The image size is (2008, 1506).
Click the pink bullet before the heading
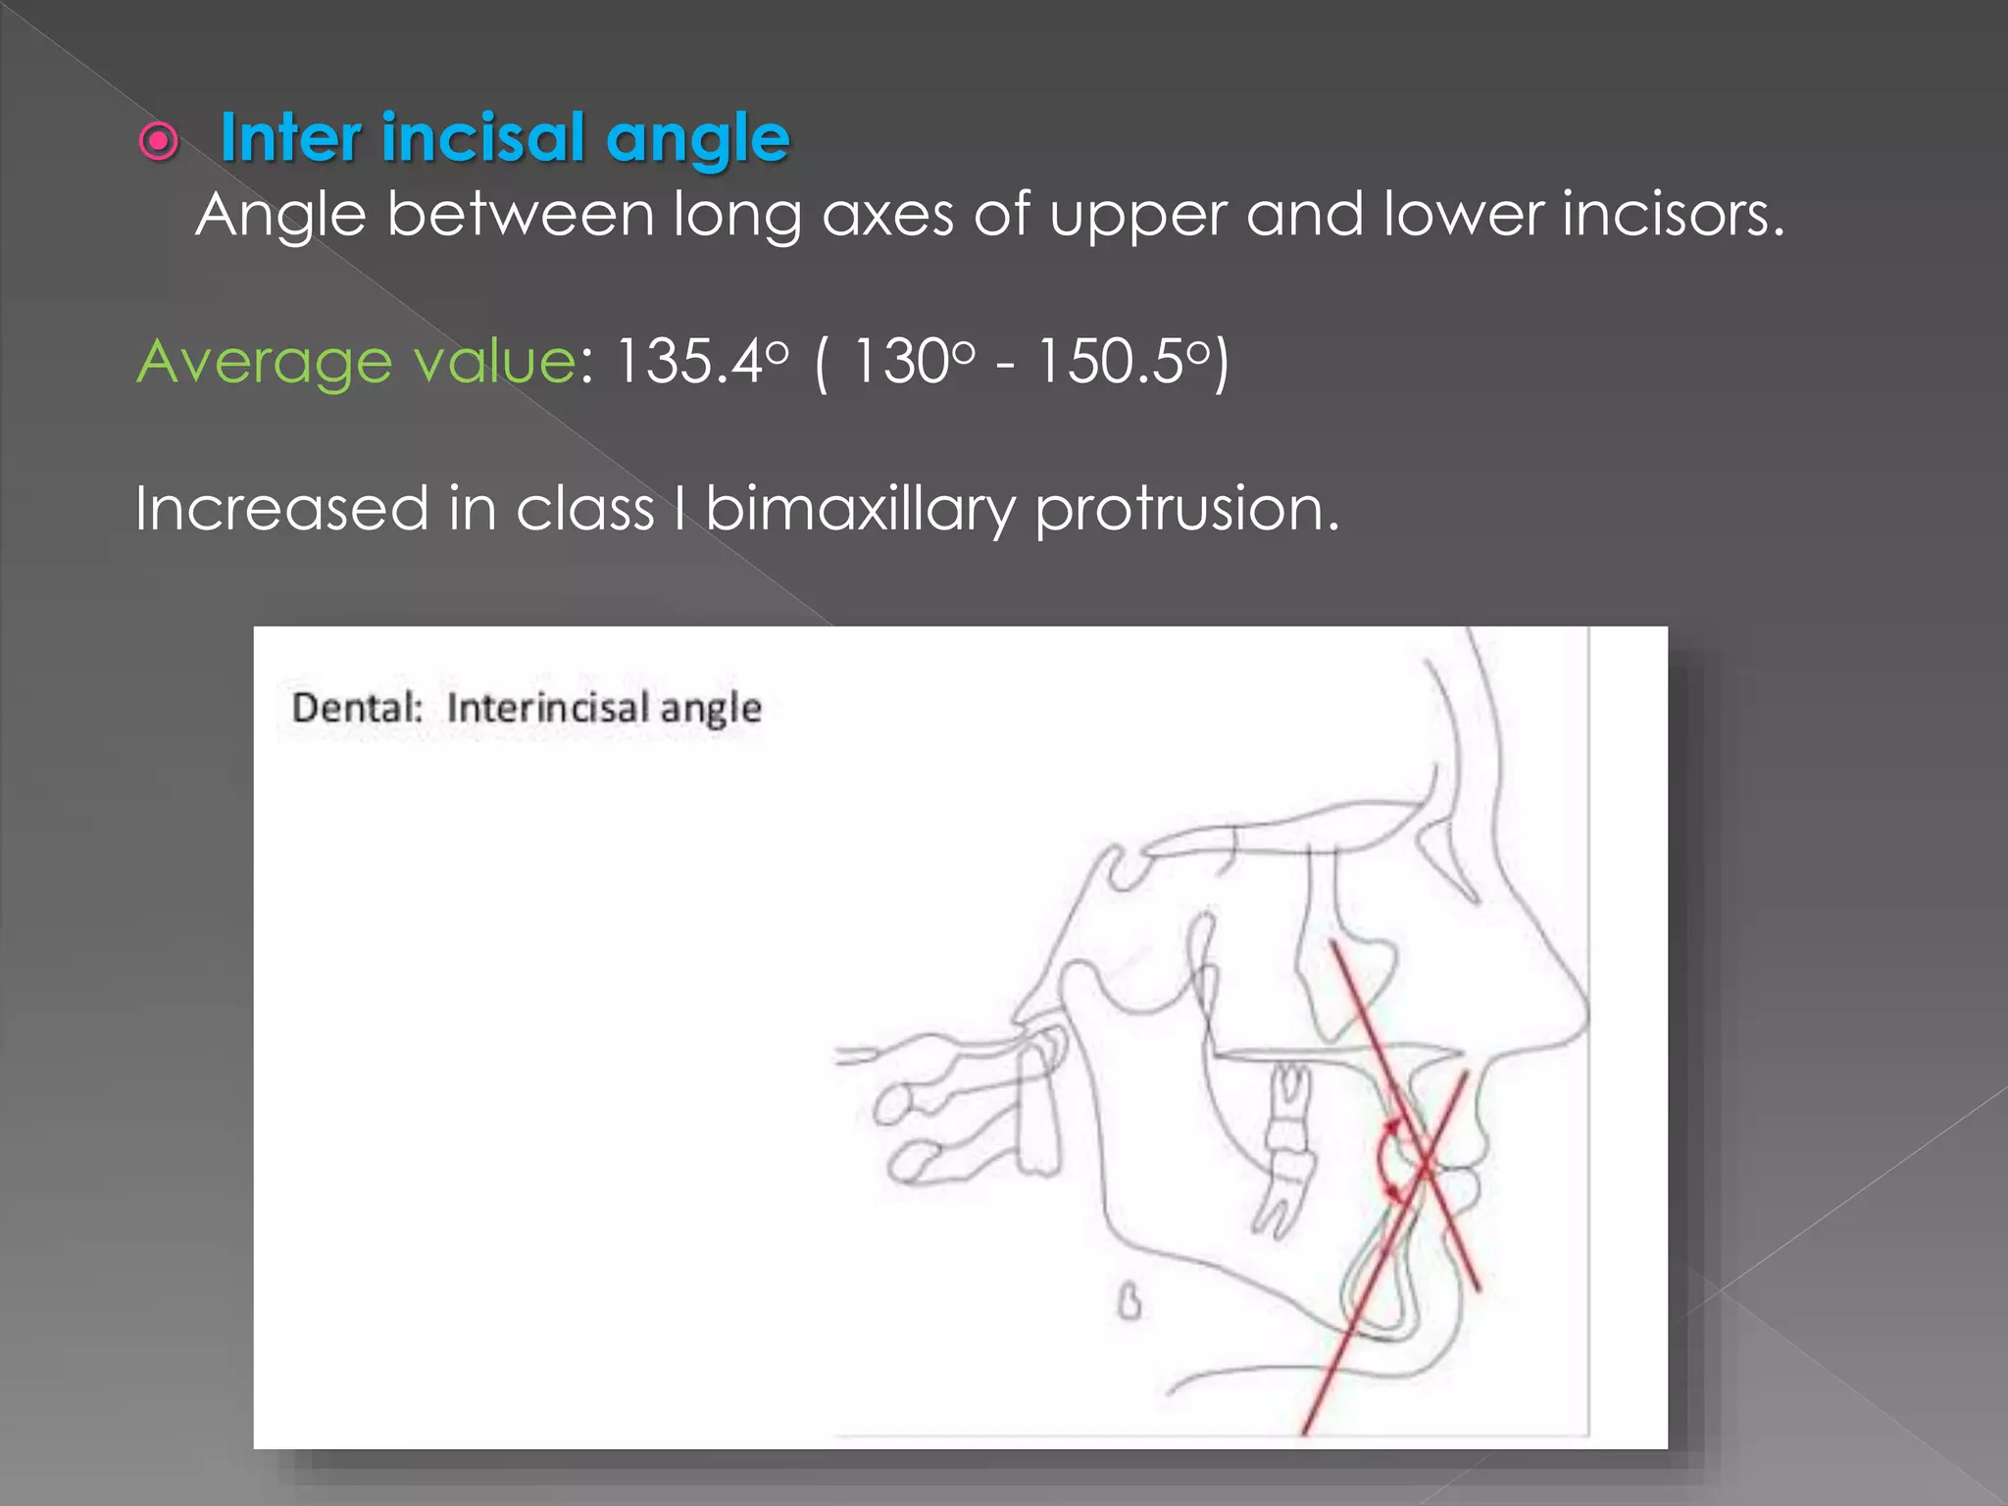click(x=159, y=142)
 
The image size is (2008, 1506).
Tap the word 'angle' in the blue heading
click(x=697, y=140)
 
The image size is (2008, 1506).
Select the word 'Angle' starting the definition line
click(x=280, y=215)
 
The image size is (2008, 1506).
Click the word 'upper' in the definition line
click(x=1137, y=215)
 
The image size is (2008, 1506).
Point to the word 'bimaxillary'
click(x=860, y=510)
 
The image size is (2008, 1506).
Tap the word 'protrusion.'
click(x=1186, y=510)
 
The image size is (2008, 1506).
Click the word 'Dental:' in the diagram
click(x=357, y=708)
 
